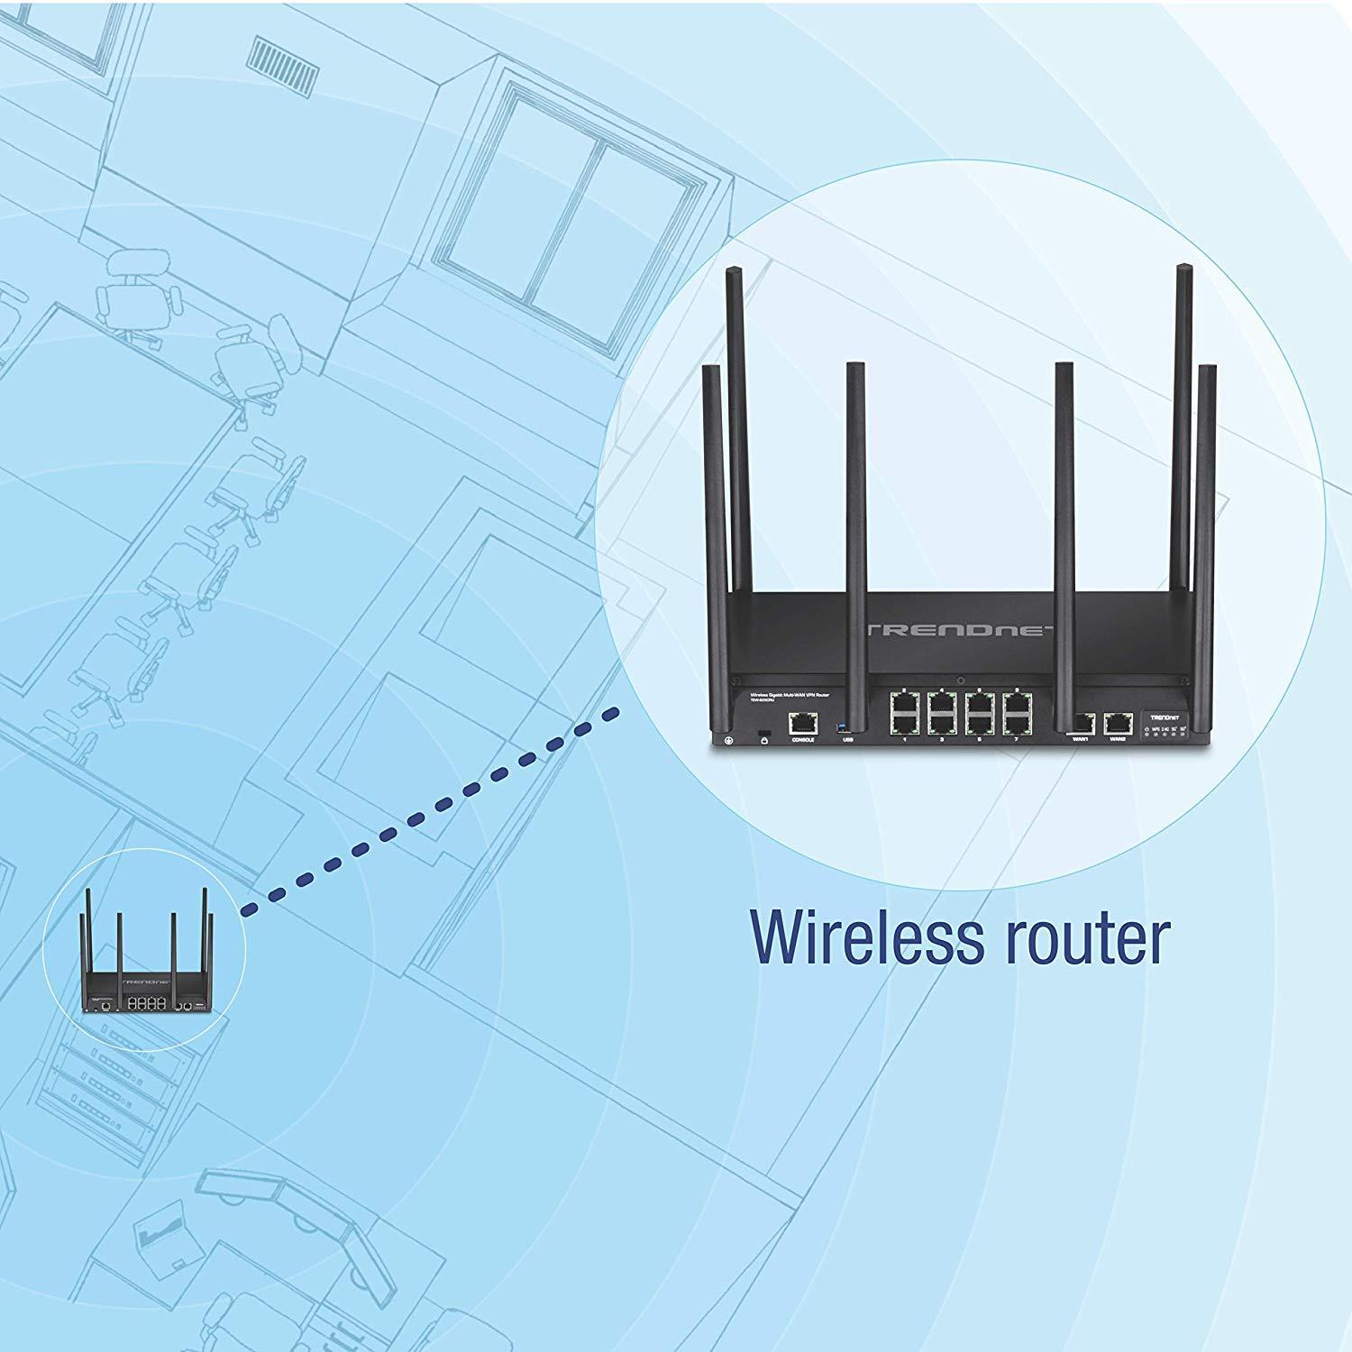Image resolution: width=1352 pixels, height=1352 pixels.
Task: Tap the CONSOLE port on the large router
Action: tap(801, 721)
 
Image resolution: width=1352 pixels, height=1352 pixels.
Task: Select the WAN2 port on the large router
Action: tap(1118, 721)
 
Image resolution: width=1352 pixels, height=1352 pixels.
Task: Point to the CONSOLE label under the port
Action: tap(801, 740)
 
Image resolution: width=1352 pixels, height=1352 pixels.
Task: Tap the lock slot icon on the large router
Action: tap(764, 739)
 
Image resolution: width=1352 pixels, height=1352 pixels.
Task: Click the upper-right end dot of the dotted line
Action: tap(615, 713)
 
